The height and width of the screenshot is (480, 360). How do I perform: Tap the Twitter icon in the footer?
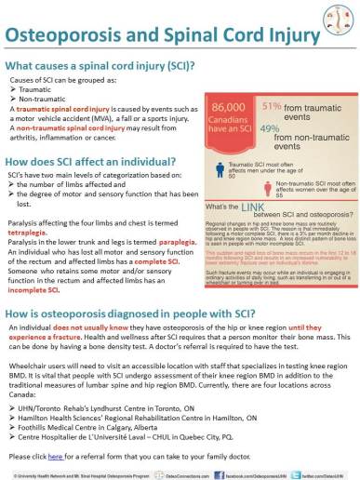[293, 473]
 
